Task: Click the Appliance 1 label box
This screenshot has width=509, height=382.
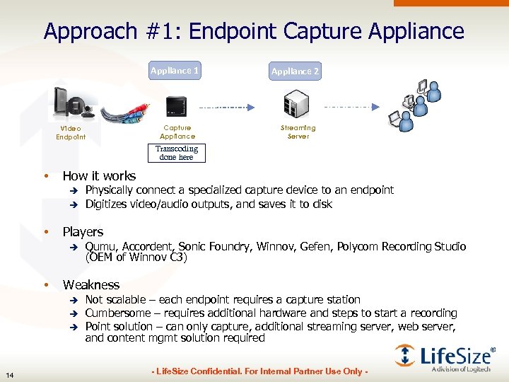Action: (175, 71)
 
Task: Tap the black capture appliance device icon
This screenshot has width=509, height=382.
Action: (176, 106)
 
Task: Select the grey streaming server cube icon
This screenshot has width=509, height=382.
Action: (298, 106)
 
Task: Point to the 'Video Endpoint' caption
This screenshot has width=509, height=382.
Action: (71, 132)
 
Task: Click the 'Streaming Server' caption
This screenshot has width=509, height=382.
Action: (298, 132)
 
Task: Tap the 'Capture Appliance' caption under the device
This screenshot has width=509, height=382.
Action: (177, 132)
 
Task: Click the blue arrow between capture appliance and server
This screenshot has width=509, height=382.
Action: (226, 108)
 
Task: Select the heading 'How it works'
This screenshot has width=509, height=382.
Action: (99, 176)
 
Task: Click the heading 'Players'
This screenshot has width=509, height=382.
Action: (83, 232)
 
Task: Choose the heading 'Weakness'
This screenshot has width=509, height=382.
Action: (91, 285)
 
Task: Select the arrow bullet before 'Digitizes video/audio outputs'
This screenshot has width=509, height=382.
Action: (72, 204)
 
